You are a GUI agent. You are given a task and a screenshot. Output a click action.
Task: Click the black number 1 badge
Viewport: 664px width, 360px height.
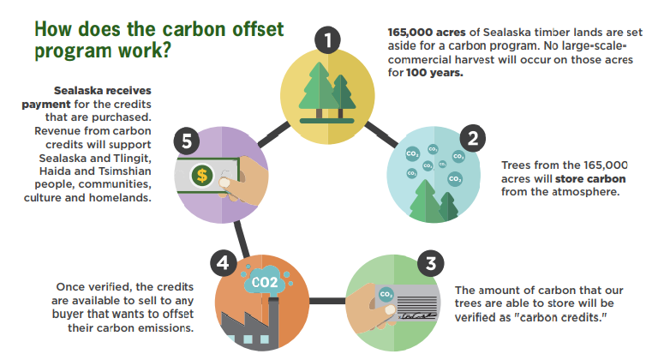[326, 39]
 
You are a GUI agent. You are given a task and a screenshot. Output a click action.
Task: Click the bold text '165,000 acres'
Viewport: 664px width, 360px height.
[425, 33]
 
